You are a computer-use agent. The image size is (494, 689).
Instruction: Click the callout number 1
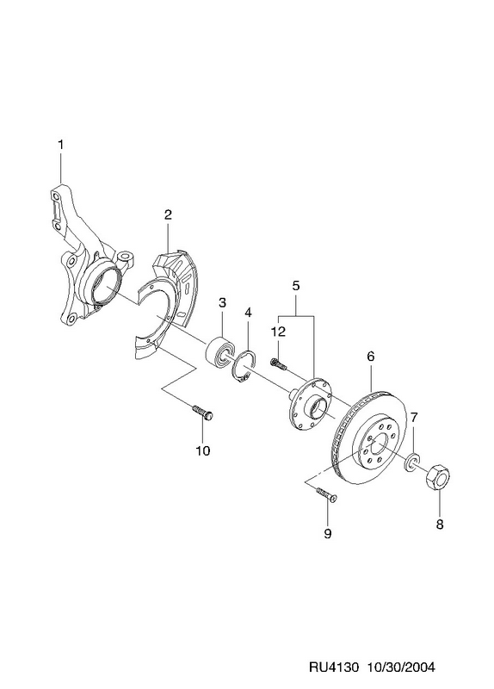point(60,145)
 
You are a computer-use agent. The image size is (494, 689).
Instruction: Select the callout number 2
point(168,214)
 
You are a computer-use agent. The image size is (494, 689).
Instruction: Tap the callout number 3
point(222,302)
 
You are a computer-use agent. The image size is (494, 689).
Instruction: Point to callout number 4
point(248,313)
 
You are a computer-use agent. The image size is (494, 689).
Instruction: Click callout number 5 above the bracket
point(295,286)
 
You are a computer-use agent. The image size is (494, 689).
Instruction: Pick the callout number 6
point(371,357)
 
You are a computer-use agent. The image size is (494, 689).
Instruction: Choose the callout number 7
point(414,416)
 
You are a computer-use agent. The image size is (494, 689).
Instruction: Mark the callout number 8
point(440,524)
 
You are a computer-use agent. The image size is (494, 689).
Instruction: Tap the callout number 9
point(327,533)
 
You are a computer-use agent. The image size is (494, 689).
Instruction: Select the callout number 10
point(203,450)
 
